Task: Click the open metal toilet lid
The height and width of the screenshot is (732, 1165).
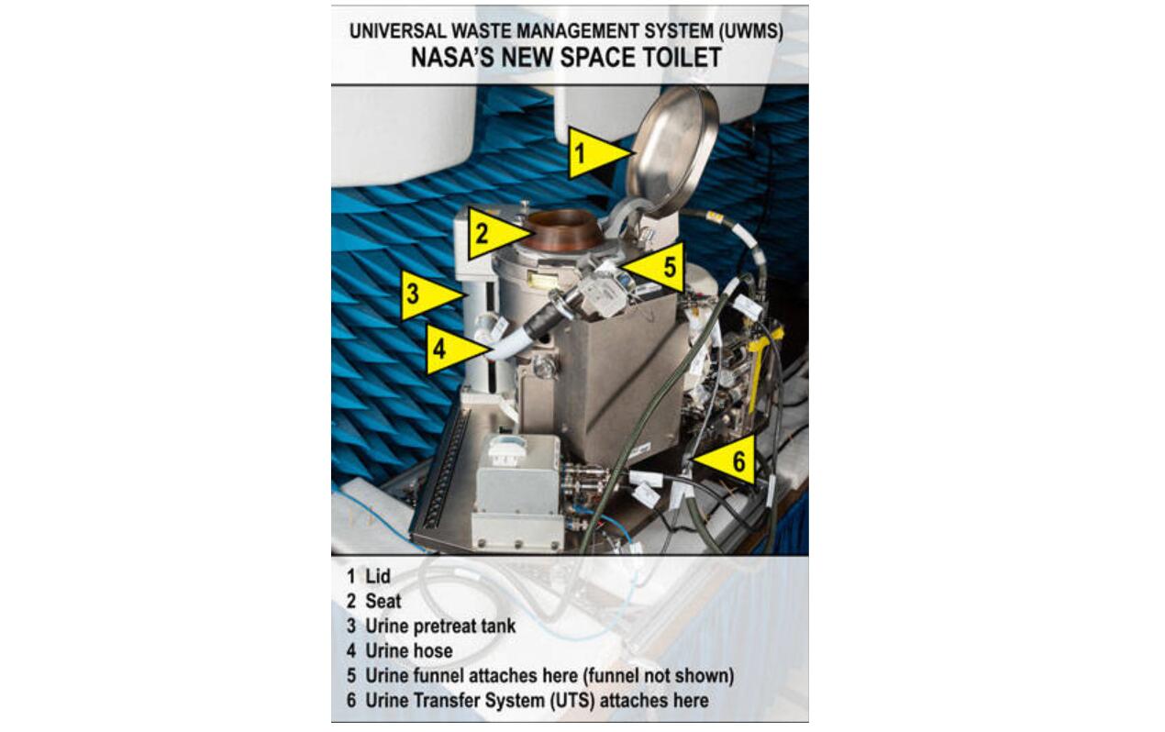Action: click(x=672, y=150)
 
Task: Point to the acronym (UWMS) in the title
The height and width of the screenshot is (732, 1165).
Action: click(x=750, y=31)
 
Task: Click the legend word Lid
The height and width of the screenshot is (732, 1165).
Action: click(x=378, y=576)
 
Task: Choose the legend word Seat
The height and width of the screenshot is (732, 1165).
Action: click(x=383, y=602)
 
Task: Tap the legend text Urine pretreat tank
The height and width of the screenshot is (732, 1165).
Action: click(x=440, y=626)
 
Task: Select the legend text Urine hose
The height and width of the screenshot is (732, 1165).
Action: click(x=409, y=651)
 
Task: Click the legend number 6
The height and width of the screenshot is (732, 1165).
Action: click(x=351, y=701)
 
